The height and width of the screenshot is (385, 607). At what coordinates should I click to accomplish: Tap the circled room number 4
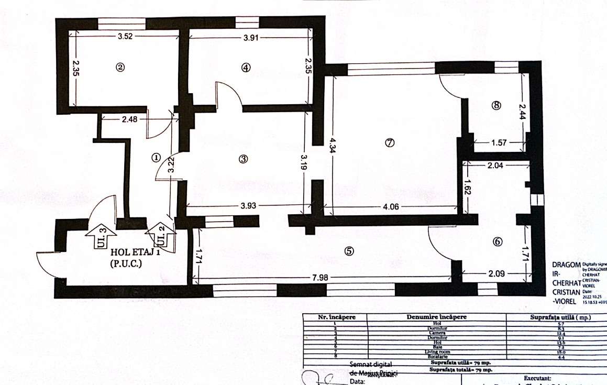coord(246,67)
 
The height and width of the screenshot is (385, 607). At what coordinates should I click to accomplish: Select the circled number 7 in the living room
coord(389,143)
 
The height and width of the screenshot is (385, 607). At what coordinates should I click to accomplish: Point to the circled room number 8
coord(496,105)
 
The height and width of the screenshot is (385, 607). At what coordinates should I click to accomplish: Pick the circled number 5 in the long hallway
coord(349,251)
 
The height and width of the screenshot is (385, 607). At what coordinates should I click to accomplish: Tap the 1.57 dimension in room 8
coord(499,142)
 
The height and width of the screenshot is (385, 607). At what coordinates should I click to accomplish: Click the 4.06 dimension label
coord(390,206)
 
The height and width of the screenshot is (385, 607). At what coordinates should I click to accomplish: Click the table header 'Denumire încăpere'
coord(436,317)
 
